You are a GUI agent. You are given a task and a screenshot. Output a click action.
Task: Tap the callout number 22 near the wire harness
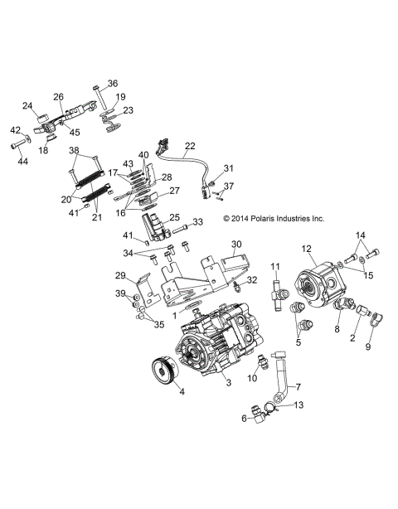191,146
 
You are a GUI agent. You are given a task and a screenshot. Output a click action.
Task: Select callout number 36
113,83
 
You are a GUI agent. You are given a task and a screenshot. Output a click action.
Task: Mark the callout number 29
119,275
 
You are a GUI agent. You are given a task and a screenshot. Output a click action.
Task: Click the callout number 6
243,419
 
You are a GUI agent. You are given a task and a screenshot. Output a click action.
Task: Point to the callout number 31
229,167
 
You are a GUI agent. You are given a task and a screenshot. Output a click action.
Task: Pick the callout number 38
74,151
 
